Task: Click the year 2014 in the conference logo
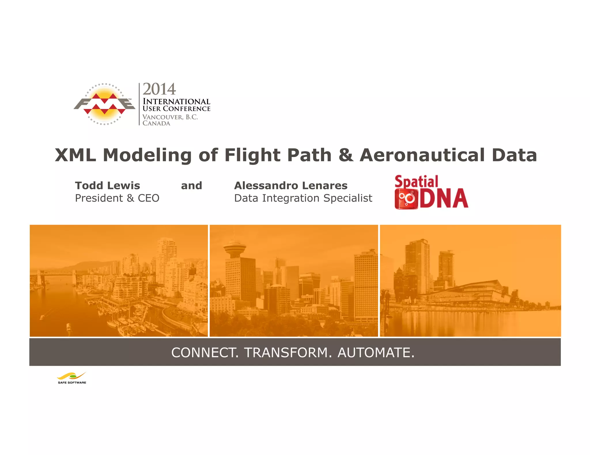(159, 89)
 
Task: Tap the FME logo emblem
(104, 104)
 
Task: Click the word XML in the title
(75, 155)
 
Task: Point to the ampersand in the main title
(345, 155)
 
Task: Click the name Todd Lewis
(107, 186)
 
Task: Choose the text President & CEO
(117, 198)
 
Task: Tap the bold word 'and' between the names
(191, 186)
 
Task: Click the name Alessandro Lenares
(291, 186)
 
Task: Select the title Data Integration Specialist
(303, 198)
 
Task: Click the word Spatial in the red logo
(416, 182)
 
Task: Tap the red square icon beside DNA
(406, 199)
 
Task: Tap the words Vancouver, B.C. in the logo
(170, 117)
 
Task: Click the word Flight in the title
(252, 155)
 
